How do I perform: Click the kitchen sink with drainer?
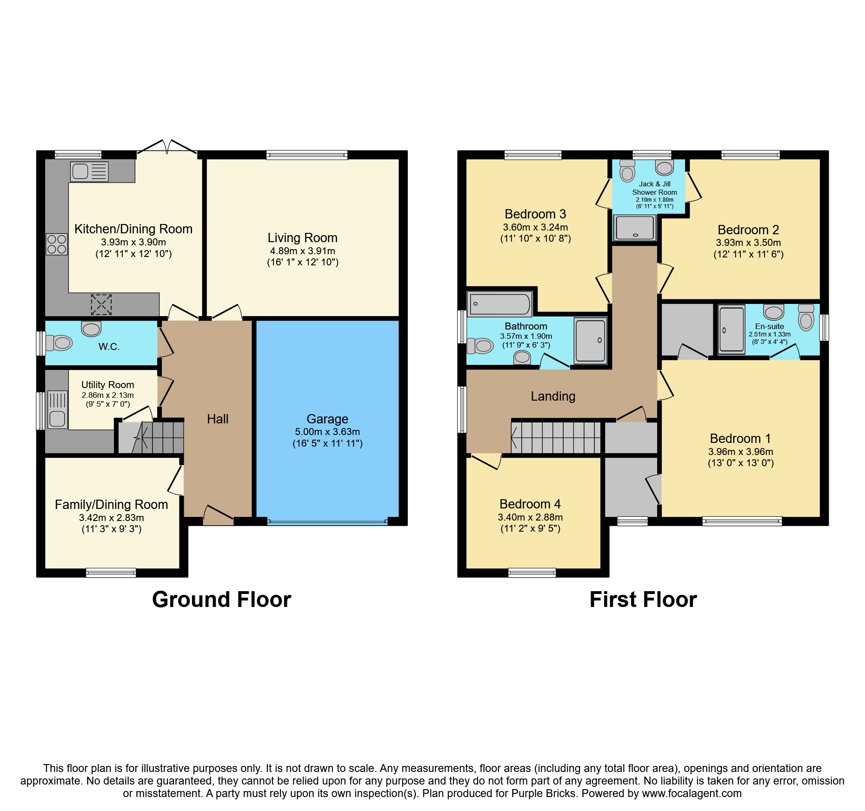(90, 171)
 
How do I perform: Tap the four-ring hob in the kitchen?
(57, 244)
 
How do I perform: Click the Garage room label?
(327, 419)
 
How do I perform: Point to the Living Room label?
(302, 237)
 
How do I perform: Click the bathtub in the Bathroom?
(499, 304)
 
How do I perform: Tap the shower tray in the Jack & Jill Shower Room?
(635, 228)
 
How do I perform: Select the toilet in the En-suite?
(806, 317)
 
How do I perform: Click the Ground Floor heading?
(221, 599)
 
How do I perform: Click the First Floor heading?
(643, 599)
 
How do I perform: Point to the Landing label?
(553, 396)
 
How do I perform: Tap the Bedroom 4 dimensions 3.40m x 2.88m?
(530, 517)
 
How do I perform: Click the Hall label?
(218, 419)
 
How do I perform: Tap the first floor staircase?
(556, 437)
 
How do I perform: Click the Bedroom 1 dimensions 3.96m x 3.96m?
(741, 452)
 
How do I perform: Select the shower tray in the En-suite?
(732, 329)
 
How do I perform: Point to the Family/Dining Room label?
(111, 504)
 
